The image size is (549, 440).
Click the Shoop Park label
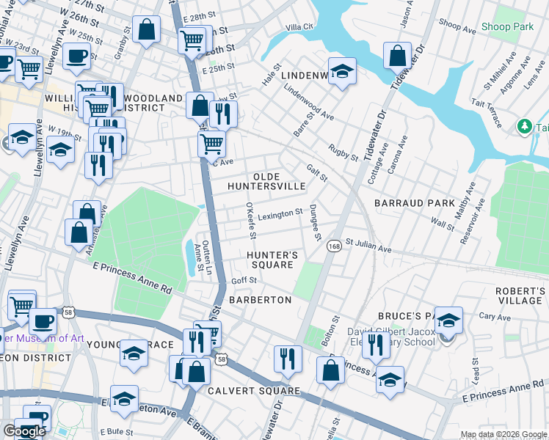click(506, 27)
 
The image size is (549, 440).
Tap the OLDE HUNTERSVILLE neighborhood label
click(279, 182)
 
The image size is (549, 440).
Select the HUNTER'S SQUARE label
click(272, 260)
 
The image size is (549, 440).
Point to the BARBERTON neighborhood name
click(260, 300)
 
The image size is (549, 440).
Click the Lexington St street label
click(280, 213)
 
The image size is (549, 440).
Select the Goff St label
click(244, 280)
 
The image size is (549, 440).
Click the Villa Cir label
click(299, 27)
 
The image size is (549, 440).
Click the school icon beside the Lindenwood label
click(342, 71)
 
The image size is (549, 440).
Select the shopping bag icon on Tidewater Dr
click(397, 56)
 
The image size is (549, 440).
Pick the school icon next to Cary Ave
click(448, 320)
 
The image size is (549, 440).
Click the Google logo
click(24, 431)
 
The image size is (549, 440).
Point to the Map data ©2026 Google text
click(503, 434)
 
